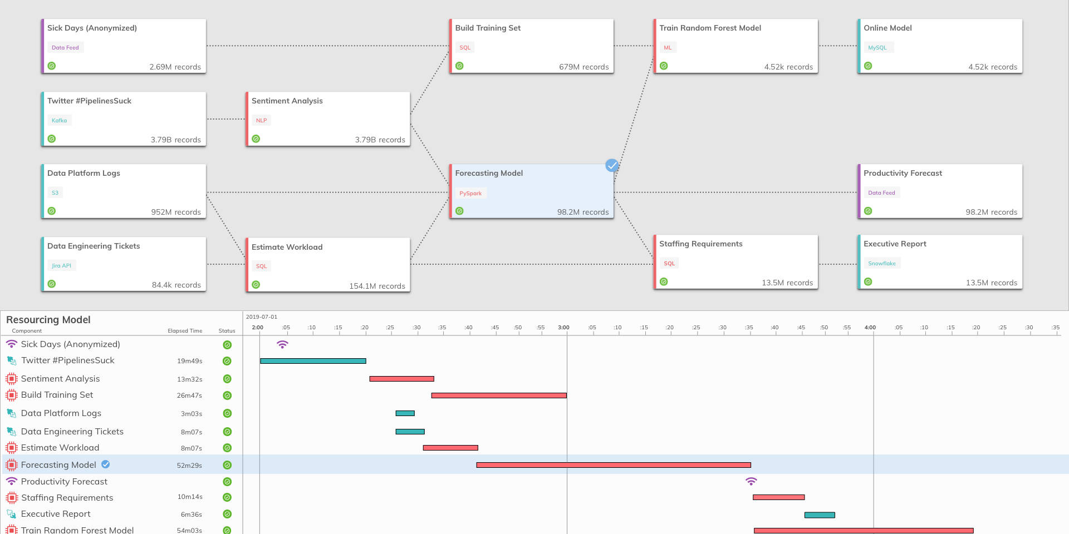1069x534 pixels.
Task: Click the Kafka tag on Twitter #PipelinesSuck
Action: click(x=59, y=121)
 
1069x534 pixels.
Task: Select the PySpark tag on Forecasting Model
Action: click(x=470, y=194)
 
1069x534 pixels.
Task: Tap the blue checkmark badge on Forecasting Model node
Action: click(x=612, y=165)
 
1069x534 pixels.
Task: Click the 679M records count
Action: click(x=583, y=67)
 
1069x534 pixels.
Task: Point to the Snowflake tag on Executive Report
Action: click(x=881, y=264)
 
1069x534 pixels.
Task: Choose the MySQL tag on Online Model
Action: click(x=877, y=48)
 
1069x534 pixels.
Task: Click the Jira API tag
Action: click(x=61, y=266)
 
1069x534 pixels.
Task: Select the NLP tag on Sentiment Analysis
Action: click(x=261, y=121)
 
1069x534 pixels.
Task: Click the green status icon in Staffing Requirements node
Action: click(x=664, y=282)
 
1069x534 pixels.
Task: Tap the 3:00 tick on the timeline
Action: click(x=563, y=328)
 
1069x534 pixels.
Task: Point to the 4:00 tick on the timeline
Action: click(x=870, y=328)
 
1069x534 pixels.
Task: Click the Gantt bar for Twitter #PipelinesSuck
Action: click(x=313, y=361)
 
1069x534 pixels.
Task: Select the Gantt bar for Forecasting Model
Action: click(x=614, y=465)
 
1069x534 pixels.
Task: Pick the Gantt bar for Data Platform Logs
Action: click(x=405, y=413)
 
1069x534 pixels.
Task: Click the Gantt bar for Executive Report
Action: click(x=820, y=515)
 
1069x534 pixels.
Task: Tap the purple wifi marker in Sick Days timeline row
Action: click(x=283, y=345)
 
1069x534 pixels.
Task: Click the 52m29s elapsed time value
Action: click(x=189, y=466)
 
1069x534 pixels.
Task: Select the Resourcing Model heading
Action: click(x=48, y=320)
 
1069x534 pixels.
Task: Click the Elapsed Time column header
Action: click(x=185, y=331)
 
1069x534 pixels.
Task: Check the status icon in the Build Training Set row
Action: click(x=227, y=395)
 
